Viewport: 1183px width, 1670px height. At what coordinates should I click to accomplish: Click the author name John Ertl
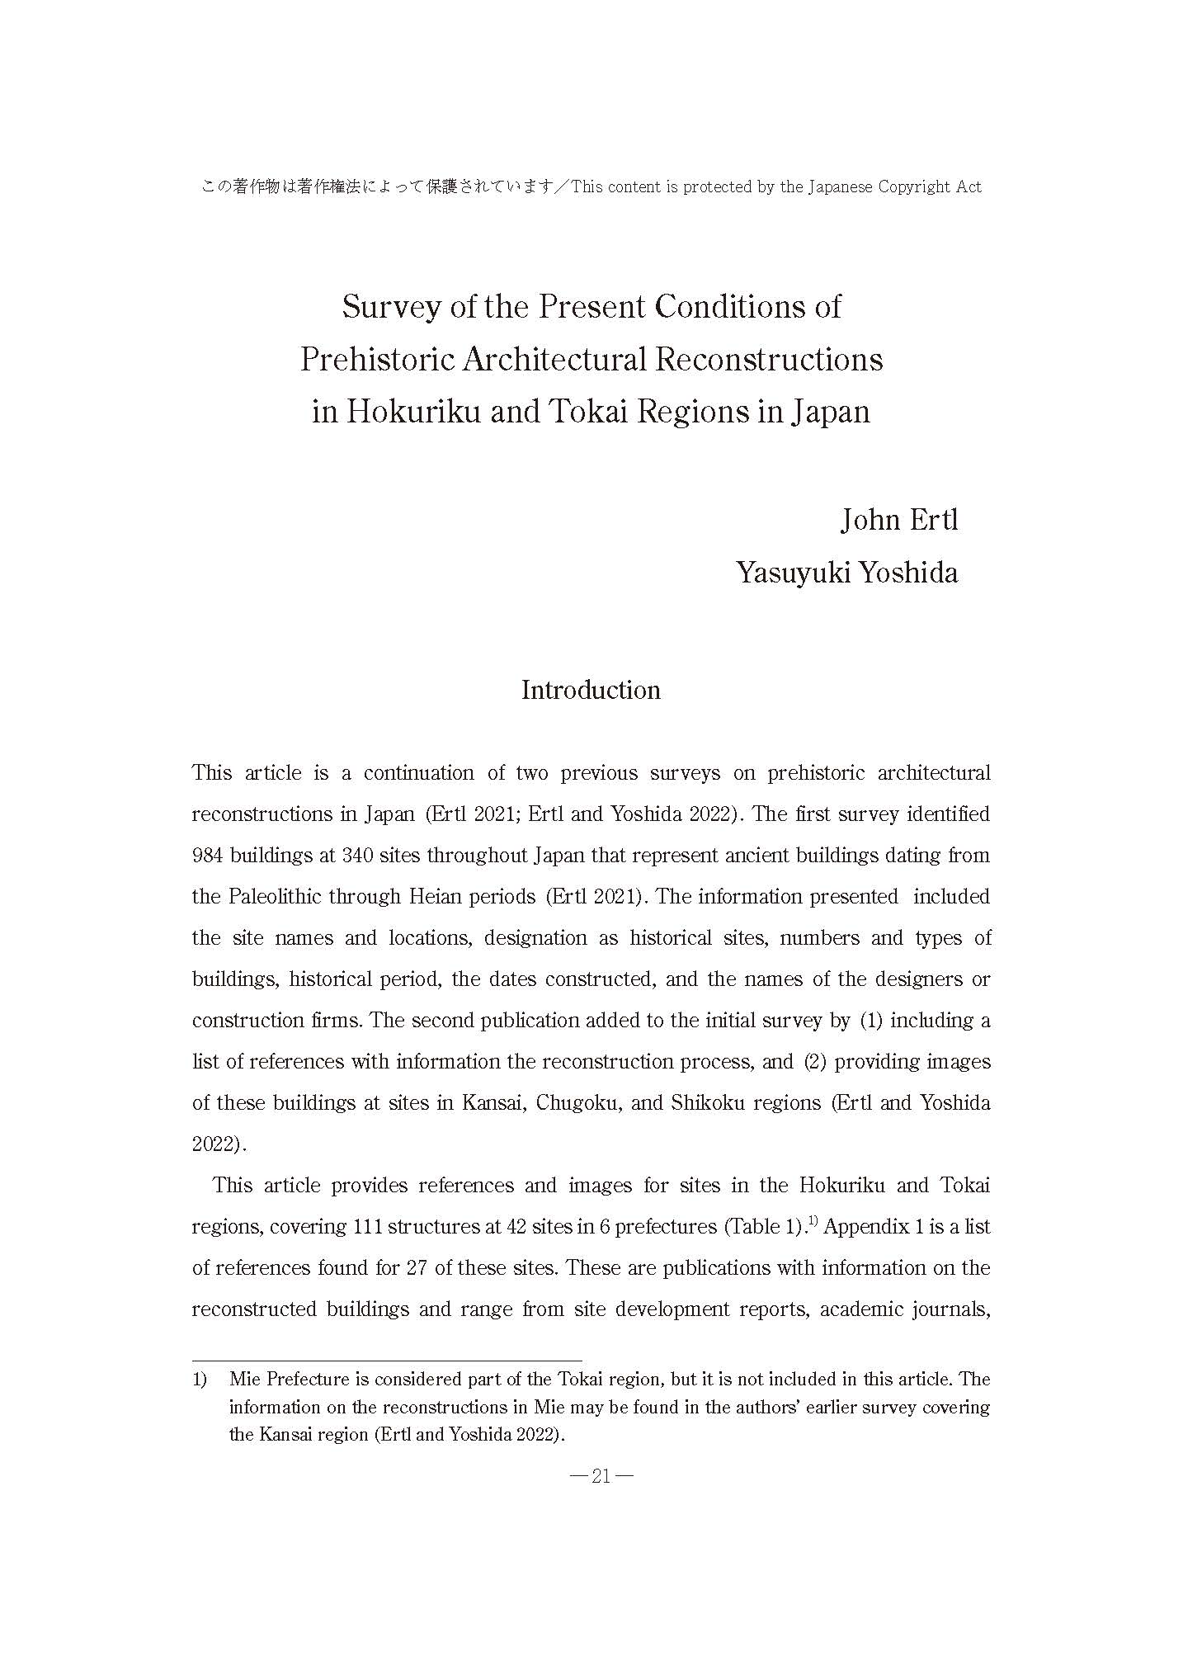[x=898, y=520]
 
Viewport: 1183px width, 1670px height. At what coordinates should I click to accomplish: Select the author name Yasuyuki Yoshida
[x=846, y=573]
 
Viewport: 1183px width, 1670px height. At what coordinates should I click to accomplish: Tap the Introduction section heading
[x=591, y=690]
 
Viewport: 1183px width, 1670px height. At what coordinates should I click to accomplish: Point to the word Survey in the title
[x=391, y=307]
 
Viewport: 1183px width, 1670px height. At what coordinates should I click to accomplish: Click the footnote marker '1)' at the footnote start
[x=199, y=1379]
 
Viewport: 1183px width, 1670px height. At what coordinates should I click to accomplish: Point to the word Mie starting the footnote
[x=245, y=1379]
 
